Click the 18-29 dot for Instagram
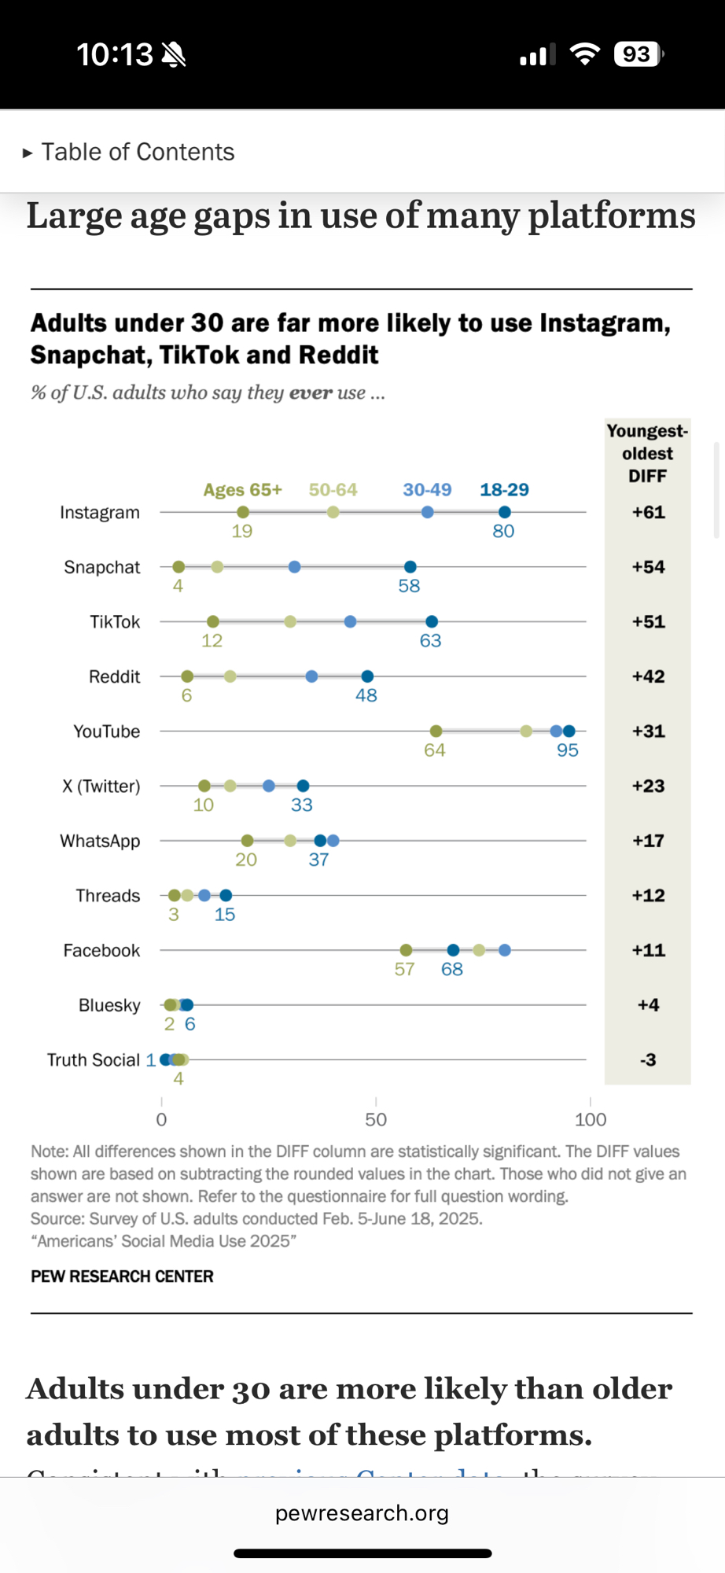[x=505, y=512]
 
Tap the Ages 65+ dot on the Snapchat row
[x=178, y=567]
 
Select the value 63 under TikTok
[x=430, y=641]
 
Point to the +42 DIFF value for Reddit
[x=648, y=676]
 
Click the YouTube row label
[x=107, y=731]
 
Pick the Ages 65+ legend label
[x=242, y=490]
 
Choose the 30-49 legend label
[x=427, y=490]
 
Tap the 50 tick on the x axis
[x=376, y=1119]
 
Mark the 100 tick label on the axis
[x=591, y=1119]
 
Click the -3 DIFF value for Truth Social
[x=648, y=1060]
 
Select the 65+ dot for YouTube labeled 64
[x=436, y=731]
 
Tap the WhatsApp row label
[x=100, y=841]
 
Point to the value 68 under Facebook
[x=452, y=970]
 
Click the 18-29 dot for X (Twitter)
[x=304, y=786]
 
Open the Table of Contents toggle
[x=129, y=152]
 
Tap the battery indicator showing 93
[x=639, y=54]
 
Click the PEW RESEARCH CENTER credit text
[x=122, y=1276]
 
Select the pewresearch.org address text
[x=362, y=1513]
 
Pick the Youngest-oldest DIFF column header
[x=647, y=453]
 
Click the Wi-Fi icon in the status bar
[x=584, y=54]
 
